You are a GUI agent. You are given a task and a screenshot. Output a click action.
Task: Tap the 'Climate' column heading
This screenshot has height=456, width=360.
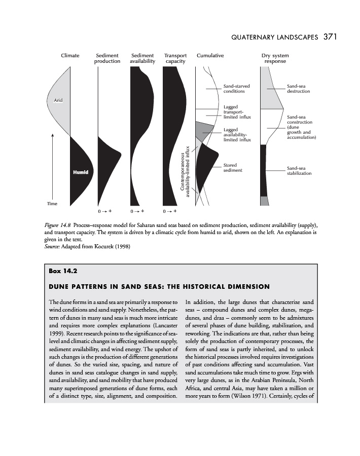pyautogui.click(x=70, y=56)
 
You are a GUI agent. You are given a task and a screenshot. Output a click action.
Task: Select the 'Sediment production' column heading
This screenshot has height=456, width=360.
pyautogui.click(x=107, y=58)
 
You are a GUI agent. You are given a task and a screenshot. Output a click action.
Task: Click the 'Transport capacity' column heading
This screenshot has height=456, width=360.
pyautogui.click(x=175, y=58)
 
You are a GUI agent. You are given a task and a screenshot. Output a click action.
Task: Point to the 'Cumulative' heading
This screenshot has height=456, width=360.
pyautogui.click(x=210, y=56)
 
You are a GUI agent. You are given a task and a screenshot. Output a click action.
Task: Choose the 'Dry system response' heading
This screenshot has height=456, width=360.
pyautogui.click(x=275, y=58)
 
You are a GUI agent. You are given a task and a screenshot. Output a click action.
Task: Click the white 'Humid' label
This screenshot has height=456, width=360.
pyautogui.click(x=80, y=172)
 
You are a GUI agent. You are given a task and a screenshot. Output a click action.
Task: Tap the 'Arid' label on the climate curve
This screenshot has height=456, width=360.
pyautogui.click(x=58, y=100)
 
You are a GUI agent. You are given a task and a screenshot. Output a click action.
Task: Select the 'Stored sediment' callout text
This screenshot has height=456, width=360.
pyautogui.click(x=233, y=168)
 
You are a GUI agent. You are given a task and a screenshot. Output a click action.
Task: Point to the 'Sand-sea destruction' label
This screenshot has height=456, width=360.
pyautogui.click(x=298, y=89)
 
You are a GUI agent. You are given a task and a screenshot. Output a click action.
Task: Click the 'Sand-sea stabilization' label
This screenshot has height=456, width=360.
pyautogui.click(x=298, y=170)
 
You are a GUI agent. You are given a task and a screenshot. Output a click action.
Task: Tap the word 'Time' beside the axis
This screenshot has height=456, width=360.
pyautogui.click(x=53, y=203)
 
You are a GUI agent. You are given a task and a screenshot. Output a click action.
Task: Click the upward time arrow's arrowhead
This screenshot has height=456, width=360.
pyautogui.click(x=53, y=135)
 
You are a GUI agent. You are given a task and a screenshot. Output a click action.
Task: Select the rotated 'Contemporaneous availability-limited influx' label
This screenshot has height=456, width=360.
pyautogui.click(x=185, y=172)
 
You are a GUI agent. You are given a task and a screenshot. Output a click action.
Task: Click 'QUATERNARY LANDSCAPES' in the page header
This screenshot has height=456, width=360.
pyautogui.click(x=274, y=37)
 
